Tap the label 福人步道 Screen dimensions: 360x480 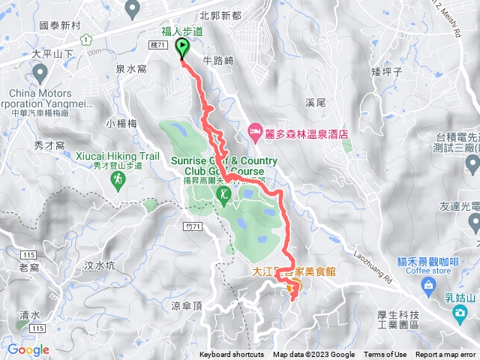coord(183,31)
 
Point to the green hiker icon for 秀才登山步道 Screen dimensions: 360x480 coord(119,179)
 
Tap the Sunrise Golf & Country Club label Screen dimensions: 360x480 coord(223,165)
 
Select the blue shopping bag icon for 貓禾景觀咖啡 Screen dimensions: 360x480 coord(427,284)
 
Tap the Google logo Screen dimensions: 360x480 coord(28,349)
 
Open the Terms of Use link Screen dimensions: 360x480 coord(385,355)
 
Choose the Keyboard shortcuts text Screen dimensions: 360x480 coord(232,355)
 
